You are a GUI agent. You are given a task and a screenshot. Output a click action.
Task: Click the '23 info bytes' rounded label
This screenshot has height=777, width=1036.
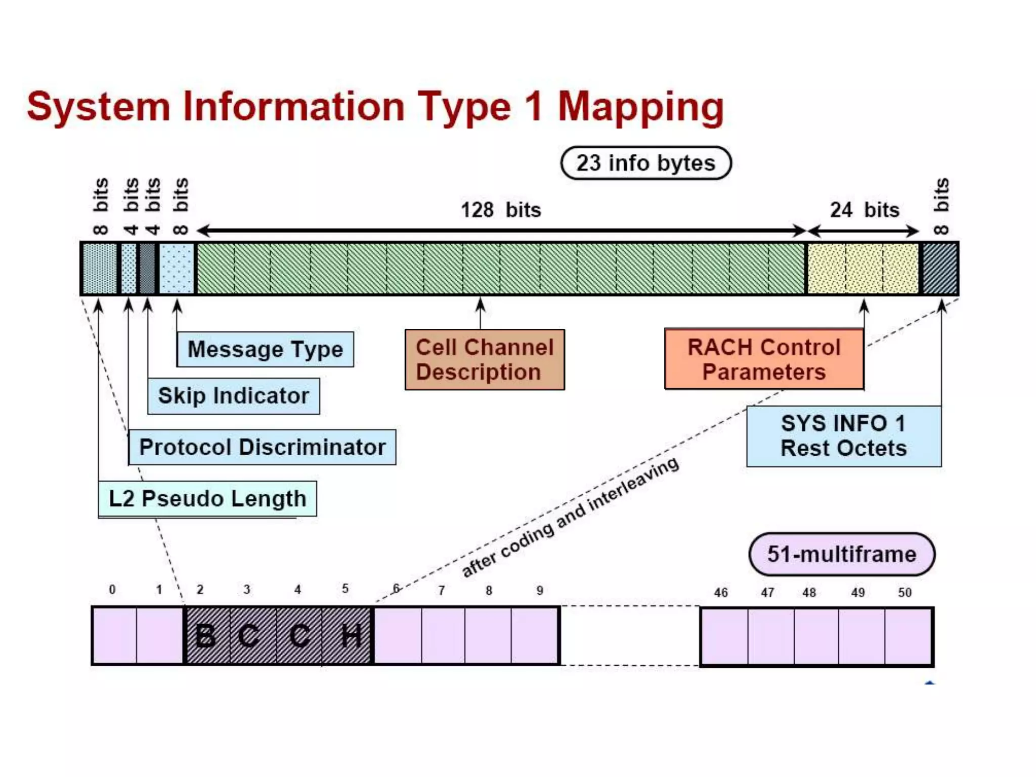pyautogui.click(x=645, y=163)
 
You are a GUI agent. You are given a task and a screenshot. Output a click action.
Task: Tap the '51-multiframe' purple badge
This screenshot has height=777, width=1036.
pyautogui.click(x=841, y=554)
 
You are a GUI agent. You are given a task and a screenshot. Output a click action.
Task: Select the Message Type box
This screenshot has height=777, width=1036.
pyautogui.click(x=265, y=349)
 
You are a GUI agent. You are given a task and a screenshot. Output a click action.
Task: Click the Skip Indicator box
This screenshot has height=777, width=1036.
pyautogui.click(x=233, y=396)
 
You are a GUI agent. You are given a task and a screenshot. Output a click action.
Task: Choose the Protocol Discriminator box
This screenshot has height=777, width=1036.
pyautogui.click(x=262, y=447)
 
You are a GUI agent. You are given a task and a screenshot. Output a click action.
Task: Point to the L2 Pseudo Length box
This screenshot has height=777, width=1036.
pyautogui.click(x=207, y=499)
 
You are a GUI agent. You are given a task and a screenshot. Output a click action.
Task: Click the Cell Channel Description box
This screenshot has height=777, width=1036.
pyautogui.click(x=485, y=360)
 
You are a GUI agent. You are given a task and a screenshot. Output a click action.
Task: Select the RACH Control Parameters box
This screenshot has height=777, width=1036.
pyautogui.click(x=764, y=360)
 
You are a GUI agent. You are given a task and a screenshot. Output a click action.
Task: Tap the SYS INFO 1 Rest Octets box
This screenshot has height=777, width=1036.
pyautogui.click(x=843, y=436)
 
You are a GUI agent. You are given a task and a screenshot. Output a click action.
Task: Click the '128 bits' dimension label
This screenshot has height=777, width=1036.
pyautogui.click(x=501, y=210)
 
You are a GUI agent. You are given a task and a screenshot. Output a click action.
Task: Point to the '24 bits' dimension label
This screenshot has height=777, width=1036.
pyautogui.click(x=865, y=210)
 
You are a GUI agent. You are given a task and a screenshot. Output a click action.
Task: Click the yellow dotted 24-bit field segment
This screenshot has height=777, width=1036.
pyautogui.click(x=862, y=268)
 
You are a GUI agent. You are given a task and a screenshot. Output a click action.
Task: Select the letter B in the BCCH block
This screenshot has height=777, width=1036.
pyautogui.click(x=205, y=636)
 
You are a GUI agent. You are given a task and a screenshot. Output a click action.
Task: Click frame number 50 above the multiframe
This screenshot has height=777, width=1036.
pyautogui.click(x=904, y=592)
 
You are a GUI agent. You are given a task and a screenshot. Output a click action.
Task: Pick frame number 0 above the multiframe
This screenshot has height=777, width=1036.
pyautogui.click(x=112, y=590)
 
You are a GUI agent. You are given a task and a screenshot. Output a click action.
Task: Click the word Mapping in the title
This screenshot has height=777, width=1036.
pyautogui.click(x=640, y=107)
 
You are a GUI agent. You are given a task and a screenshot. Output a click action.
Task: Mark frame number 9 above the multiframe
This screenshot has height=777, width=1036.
pyautogui.click(x=540, y=590)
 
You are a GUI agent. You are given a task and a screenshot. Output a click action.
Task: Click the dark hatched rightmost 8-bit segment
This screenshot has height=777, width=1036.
pyautogui.click(x=940, y=268)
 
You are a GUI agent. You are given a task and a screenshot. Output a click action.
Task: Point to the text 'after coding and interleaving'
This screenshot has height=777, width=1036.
pyautogui.click(x=570, y=517)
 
